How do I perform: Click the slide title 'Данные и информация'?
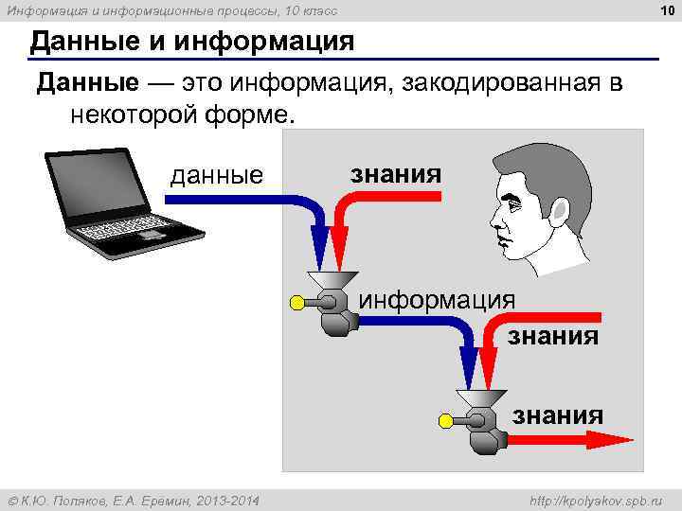pyautogui.click(x=192, y=42)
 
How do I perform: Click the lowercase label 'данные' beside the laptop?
pyautogui.click(x=216, y=175)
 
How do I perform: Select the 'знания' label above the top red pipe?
pyautogui.click(x=396, y=173)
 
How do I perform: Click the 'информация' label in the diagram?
pyautogui.click(x=437, y=300)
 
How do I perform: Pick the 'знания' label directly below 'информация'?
pyautogui.click(x=554, y=335)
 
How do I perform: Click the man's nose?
pyautogui.click(x=494, y=216)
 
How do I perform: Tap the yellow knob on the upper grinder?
pyautogui.click(x=297, y=303)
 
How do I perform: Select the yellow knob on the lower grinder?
pyautogui.click(x=445, y=421)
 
